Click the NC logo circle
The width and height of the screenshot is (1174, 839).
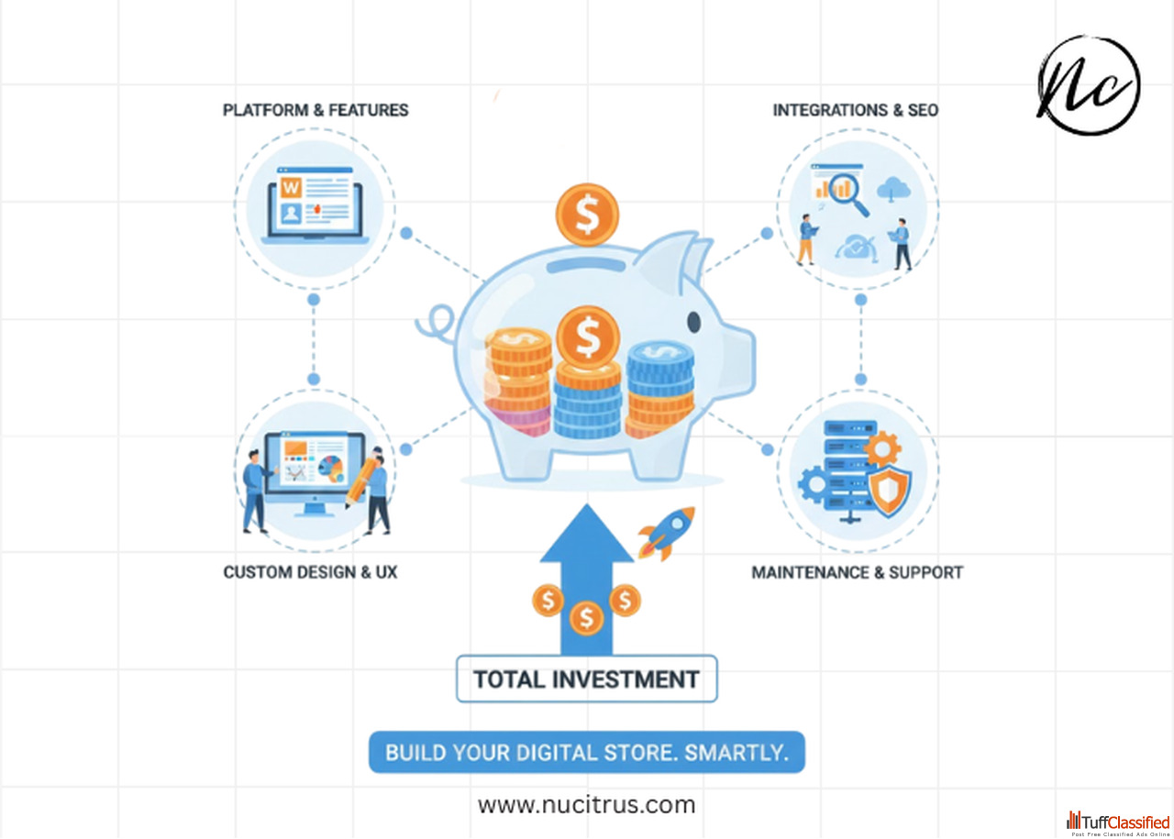coord(1089,85)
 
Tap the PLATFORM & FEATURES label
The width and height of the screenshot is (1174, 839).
coord(316,110)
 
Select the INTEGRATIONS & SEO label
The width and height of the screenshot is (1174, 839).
coord(855,110)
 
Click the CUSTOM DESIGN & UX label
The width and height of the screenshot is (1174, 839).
coord(310,572)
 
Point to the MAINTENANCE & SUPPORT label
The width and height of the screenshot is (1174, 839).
coord(857,572)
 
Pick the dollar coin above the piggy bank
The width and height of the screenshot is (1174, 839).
coord(587,215)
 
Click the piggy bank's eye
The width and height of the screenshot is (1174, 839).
coord(693,322)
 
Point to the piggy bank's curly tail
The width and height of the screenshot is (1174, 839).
coord(436,323)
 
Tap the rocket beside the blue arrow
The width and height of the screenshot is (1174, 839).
coord(668,532)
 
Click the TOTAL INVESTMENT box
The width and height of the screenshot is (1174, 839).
coord(586,679)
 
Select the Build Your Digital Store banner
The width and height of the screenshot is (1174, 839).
coord(586,753)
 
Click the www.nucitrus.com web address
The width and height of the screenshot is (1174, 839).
coord(586,805)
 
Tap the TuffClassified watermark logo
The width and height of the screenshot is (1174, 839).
coord(1118,822)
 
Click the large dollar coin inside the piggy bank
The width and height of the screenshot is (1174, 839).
coord(587,337)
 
